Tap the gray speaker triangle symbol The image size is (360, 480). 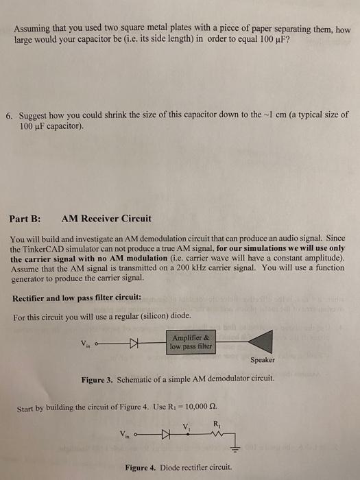click(x=259, y=341)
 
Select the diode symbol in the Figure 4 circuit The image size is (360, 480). click(x=165, y=435)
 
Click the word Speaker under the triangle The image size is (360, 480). click(x=263, y=359)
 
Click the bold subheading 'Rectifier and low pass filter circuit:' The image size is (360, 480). click(x=76, y=298)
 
